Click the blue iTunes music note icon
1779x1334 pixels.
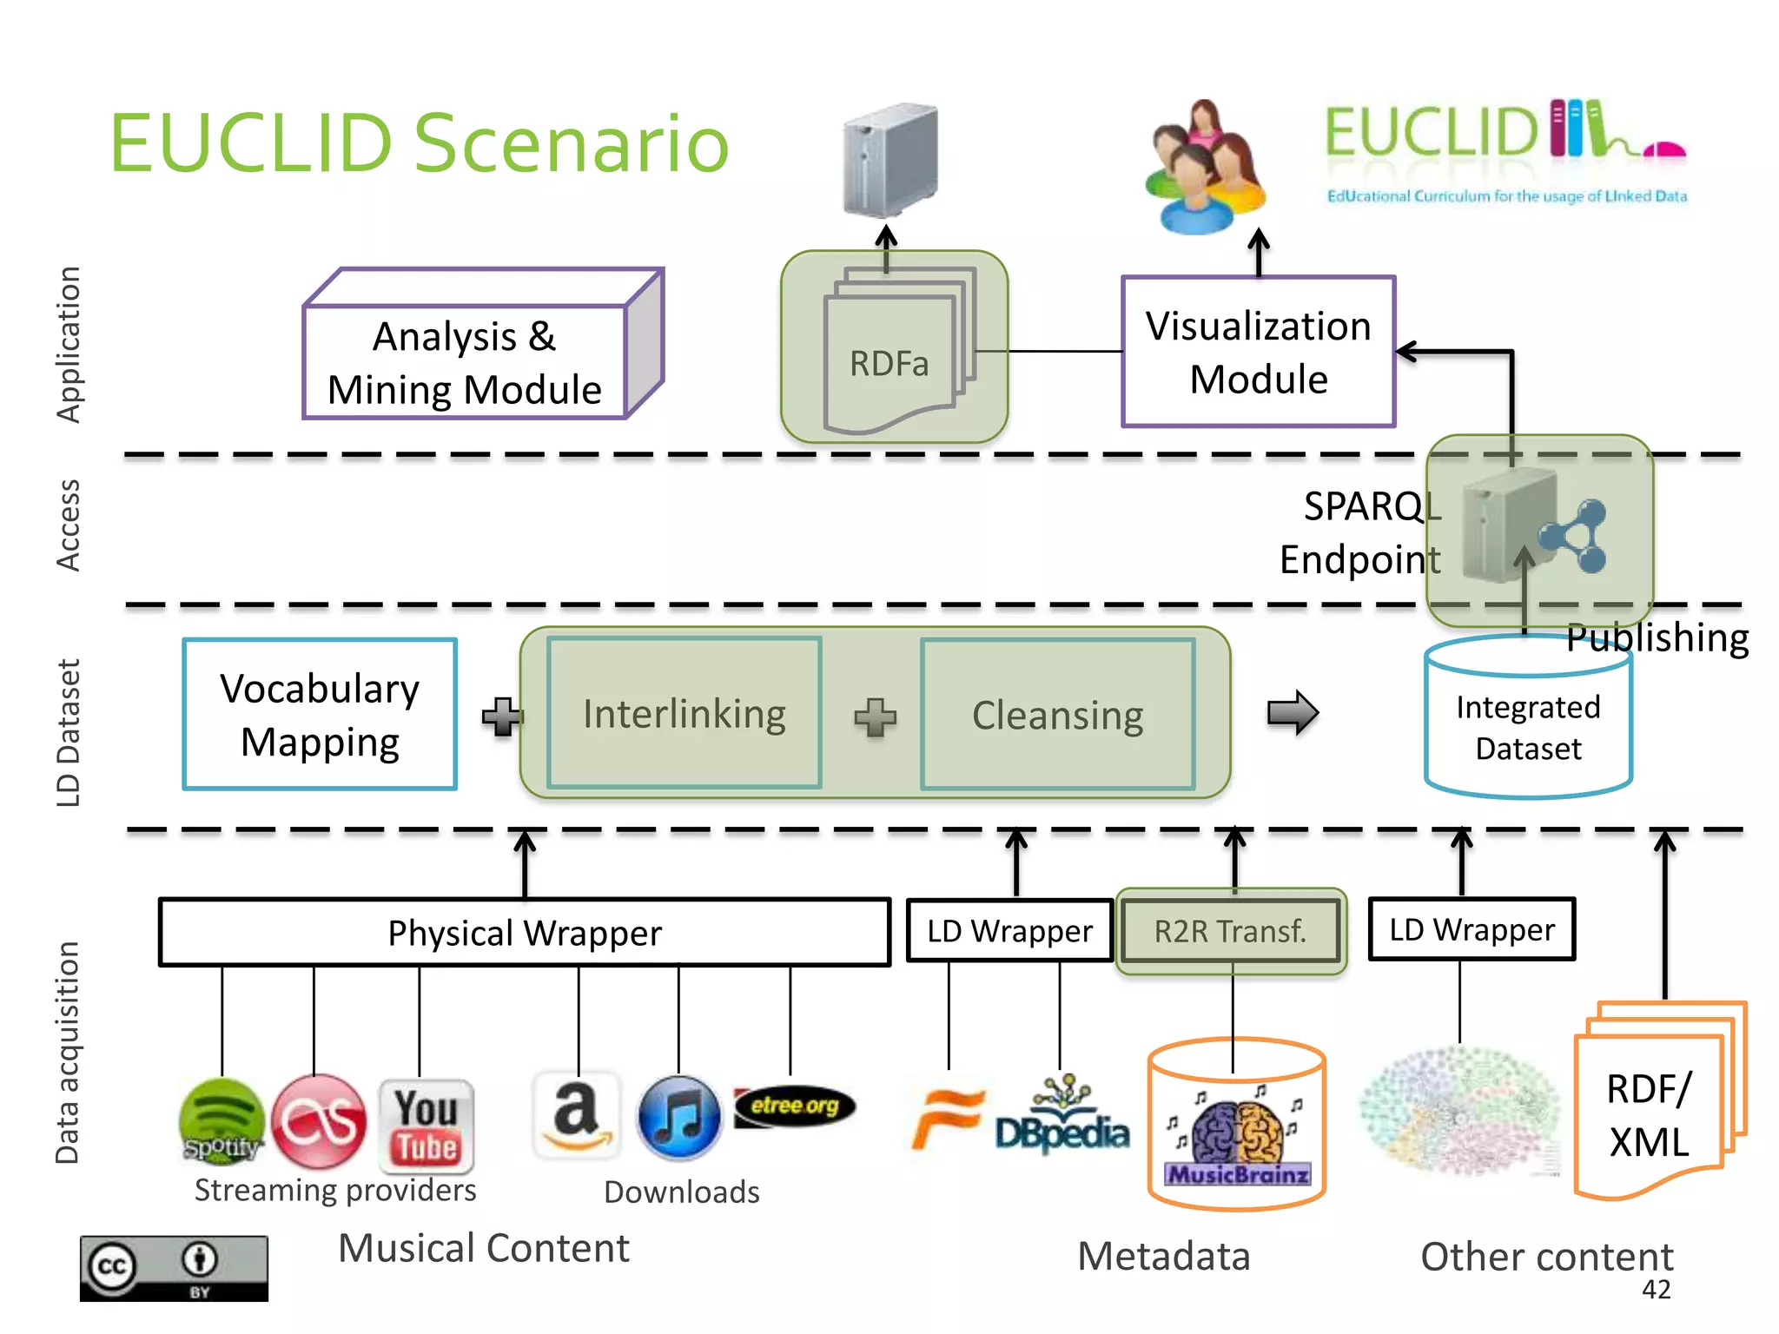pyautogui.click(x=678, y=1118)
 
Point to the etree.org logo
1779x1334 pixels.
pyautogui.click(x=794, y=1106)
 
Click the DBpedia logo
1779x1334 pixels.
pyautogui.click(x=1061, y=1119)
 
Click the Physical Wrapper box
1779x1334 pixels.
pyautogui.click(x=525, y=933)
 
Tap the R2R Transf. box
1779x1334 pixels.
pyautogui.click(x=1230, y=931)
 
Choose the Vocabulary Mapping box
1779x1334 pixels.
pyautogui.click(x=320, y=714)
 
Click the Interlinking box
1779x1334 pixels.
pyautogui.click(x=684, y=714)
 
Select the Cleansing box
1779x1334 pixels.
pyautogui.click(x=1057, y=715)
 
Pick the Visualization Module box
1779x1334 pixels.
pyautogui.click(x=1258, y=352)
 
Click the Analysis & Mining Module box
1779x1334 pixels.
pyautogui.click(x=465, y=362)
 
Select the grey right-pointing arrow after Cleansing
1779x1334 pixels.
pyautogui.click(x=1293, y=713)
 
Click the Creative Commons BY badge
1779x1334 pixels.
pyautogui.click(x=174, y=1268)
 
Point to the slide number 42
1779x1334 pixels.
pyautogui.click(x=1656, y=1290)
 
